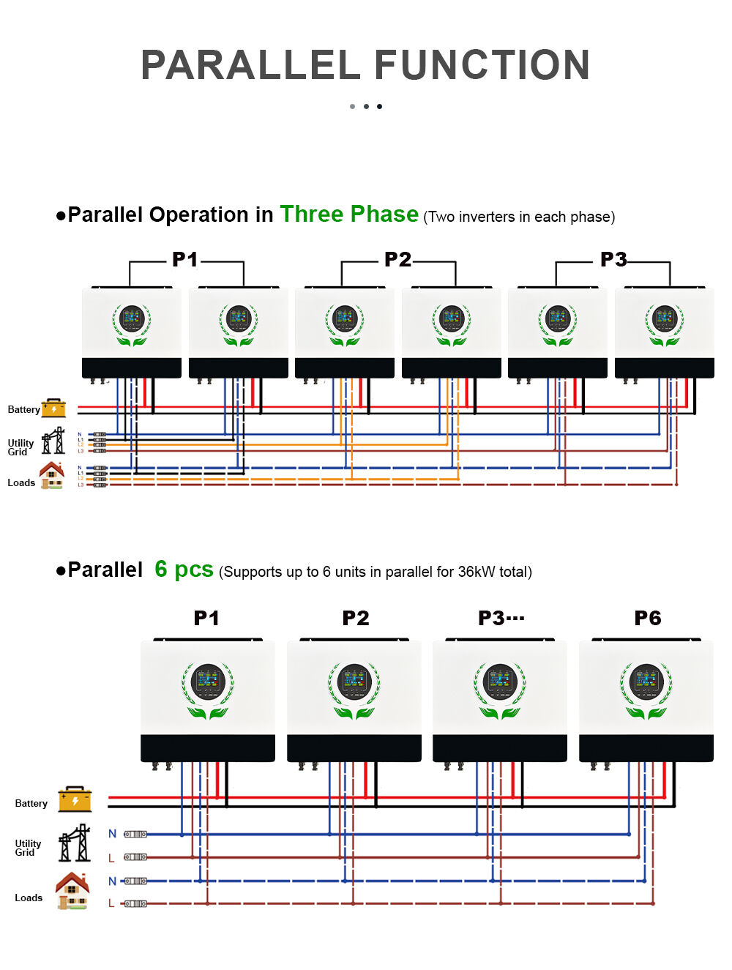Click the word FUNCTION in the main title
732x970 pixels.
pyautogui.click(x=482, y=65)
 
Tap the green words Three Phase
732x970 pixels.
pyautogui.click(x=349, y=214)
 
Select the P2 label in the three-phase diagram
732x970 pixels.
pyautogui.click(x=397, y=260)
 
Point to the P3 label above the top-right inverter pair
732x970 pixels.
pyautogui.click(x=613, y=260)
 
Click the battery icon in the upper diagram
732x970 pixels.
pyautogui.click(x=54, y=408)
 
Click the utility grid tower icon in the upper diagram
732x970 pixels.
pyautogui.click(x=53, y=441)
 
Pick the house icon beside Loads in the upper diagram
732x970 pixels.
pyautogui.click(x=52, y=476)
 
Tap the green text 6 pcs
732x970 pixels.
pyautogui.click(x=184, y=570)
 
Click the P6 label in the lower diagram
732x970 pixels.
pyautogui.click(x=647, y=619)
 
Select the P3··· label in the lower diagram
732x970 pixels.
pyautogui.click(x=501, y=619)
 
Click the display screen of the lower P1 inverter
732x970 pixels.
pyautogui.click(x=208, y=681)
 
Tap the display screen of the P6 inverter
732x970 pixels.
pyautogui.click(x=646, y=681)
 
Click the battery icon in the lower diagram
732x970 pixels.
pyautogui.click(x=75, y=799)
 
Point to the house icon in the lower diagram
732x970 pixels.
pyautogui.click(x=72, y=890)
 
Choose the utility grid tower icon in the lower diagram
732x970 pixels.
pyautogui.click(x=75, y=843)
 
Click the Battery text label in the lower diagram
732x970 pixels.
pyautogui.click(x=31, y=804)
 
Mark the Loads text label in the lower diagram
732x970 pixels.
pyautogui.click(x=29, y=898)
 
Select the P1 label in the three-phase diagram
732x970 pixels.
pyautogui.click(x=185, y=260)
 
